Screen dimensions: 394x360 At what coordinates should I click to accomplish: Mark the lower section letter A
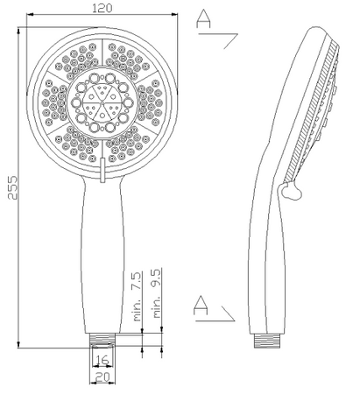pyautogui.click(x=201, y=305)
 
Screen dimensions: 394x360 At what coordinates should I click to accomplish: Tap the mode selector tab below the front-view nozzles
pyautogui.click(x=102, y=170)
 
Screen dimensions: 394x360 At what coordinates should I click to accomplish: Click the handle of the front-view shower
pyautogui.click(x=102, y=254)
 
